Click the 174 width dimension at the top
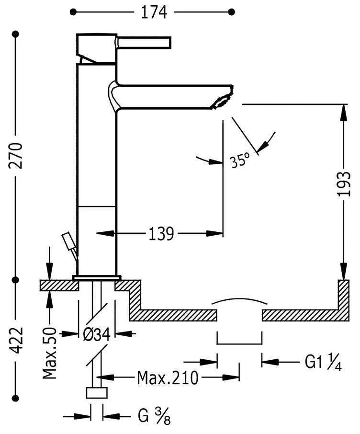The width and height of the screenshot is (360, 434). (154, 11)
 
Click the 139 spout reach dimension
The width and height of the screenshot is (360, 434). (161, 234)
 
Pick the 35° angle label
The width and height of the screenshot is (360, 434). (239, 160)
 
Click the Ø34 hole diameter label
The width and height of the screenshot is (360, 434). (97, 334)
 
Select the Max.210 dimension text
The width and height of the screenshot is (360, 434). (167, 378)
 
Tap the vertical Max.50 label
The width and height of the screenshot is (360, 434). (50, 354)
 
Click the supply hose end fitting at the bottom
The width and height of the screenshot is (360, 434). (97, 393)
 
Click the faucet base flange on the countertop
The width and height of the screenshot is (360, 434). (97, 277)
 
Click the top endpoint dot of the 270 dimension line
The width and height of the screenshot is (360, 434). (17, 34)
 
